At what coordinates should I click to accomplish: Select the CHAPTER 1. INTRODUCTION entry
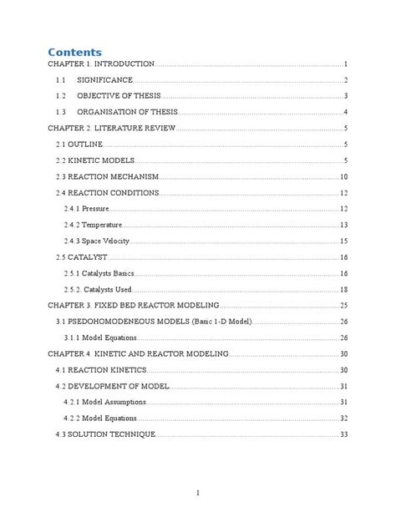click(x=102, y=64)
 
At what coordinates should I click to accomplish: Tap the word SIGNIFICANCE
click(x=104, y=80)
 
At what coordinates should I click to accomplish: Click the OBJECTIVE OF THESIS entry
click(x=118, y=96)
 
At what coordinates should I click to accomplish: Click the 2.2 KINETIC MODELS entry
click(x=94, y=160)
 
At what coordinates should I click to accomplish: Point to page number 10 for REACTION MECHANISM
click(x=343, y=177)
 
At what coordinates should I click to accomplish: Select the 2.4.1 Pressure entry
click(x=86, y=209)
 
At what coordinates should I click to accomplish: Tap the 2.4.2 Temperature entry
click(x=93, y=226)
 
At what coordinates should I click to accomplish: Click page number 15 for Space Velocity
click(x=343, y=241)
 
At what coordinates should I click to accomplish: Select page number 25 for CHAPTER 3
click(x=343, y=306)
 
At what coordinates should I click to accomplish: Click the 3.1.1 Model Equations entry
click(x=101, y=338)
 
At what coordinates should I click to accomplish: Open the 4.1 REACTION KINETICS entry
click(x=99, y=370)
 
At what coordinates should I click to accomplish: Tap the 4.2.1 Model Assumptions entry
click(x=105, y=402)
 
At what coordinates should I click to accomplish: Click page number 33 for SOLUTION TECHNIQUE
click(x=343, y=434)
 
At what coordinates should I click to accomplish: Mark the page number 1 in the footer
click(x=198, y=493)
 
